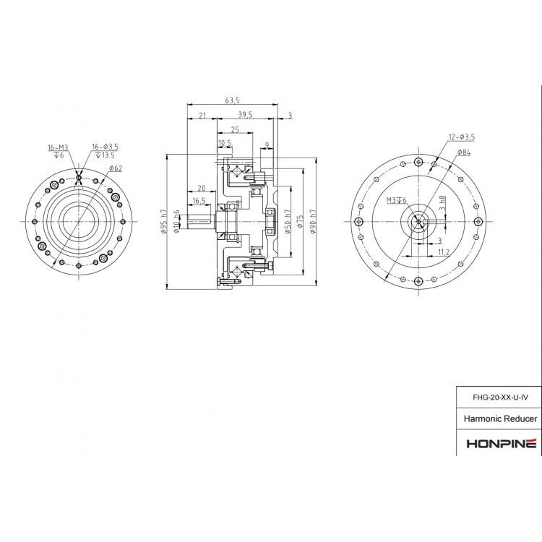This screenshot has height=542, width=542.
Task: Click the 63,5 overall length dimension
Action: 232,101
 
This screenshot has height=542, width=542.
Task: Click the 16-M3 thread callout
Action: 57,147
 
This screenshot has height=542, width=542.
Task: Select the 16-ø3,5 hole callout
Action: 105,147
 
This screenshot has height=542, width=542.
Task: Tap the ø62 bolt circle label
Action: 115,168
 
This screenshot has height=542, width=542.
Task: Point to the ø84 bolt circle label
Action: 463,152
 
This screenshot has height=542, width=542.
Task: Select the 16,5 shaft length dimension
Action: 199,200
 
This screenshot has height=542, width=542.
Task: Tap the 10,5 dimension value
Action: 225,143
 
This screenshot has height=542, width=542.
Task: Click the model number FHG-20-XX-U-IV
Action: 494,397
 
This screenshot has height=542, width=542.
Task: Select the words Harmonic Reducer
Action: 494,418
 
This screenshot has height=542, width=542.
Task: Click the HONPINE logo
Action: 494,442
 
